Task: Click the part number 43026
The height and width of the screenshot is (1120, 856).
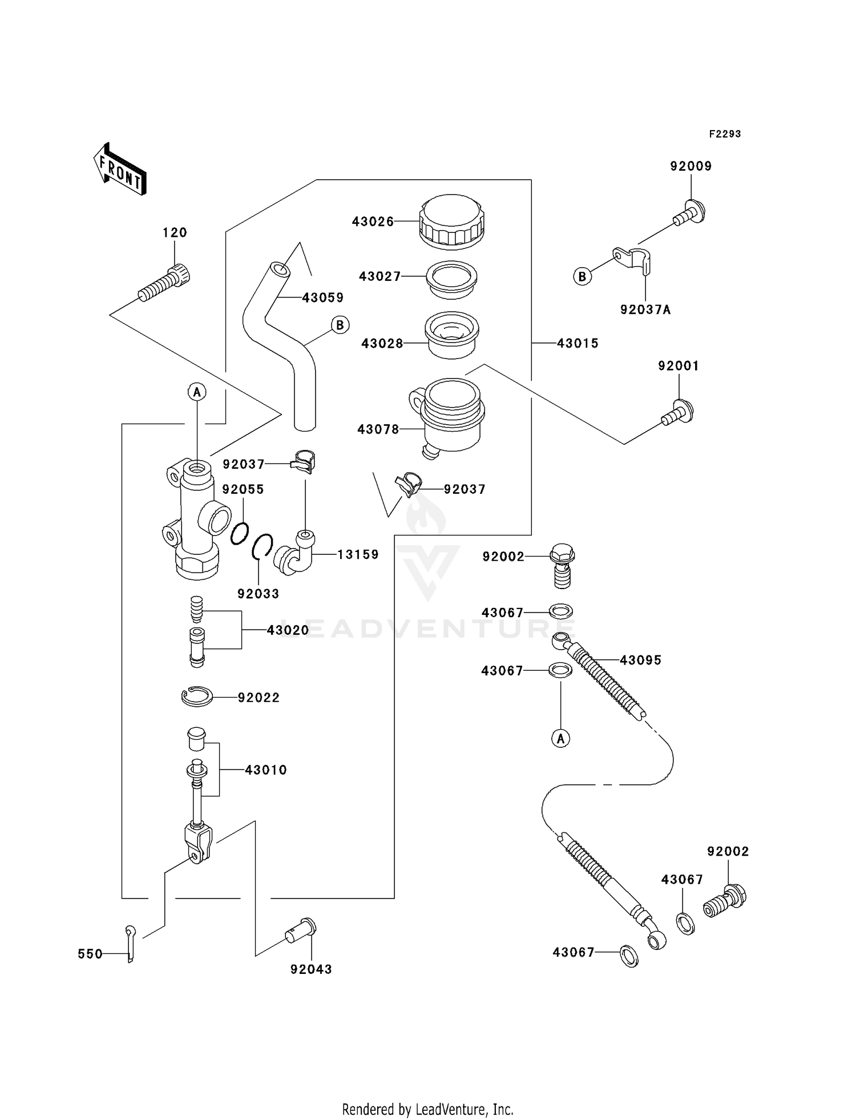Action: coord(373,221)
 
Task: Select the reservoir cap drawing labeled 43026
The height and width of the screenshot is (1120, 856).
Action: coord(452,222)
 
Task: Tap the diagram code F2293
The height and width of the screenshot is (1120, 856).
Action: coord(725,134)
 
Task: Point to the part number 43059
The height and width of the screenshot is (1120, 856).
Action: coord(322,297)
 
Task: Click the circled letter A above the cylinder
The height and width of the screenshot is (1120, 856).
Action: coord(197,392)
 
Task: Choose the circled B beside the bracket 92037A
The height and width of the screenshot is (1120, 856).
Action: coord(582,277)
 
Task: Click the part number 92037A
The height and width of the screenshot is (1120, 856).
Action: coord(645,309)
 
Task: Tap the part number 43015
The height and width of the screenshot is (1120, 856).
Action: coord(578,343)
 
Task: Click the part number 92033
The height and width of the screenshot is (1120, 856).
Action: coord(259,594)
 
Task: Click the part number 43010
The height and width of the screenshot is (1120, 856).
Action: coord(266,770)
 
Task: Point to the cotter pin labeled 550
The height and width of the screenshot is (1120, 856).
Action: coord(131,943)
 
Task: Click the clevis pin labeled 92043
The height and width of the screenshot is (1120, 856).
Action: coord(302,932)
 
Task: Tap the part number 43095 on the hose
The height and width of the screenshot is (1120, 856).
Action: coord(640,660)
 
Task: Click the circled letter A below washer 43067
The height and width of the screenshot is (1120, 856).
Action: coord(561,739)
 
